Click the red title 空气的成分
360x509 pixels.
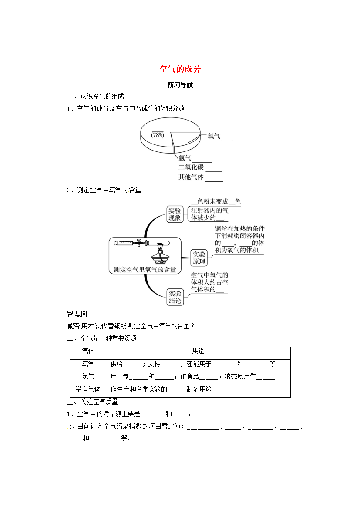point(180,69)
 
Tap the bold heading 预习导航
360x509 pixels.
point(180,85)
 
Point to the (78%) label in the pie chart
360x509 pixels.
point(158,135)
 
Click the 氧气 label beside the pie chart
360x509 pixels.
point(214,136)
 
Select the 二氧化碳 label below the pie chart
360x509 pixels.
point(191,167)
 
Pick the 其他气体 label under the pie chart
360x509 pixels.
point(191,177)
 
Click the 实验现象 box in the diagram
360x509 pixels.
point(175,214)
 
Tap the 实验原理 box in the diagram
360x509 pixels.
point(199,258)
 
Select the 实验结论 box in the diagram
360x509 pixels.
point(175,297)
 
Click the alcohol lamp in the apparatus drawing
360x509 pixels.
point(160,255)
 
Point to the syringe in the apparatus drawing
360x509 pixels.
point(125,242)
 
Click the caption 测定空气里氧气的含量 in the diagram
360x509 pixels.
point(145,269)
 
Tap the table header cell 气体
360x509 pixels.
point(88,351)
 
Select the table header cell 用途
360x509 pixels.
point(198,351)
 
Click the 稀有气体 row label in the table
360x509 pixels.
point(88,389)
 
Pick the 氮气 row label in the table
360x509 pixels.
point(88,377)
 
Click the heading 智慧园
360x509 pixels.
point(77,314)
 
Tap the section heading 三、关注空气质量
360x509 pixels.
point(93,402)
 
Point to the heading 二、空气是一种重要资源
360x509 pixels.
point(102,338)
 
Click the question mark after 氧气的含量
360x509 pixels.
point(192,326)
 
